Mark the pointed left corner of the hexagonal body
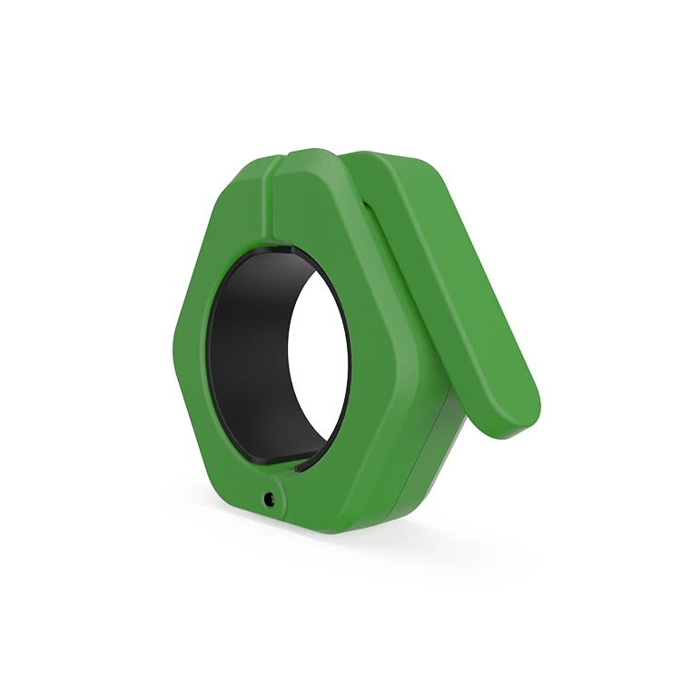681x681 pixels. click(x=173, y=340)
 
